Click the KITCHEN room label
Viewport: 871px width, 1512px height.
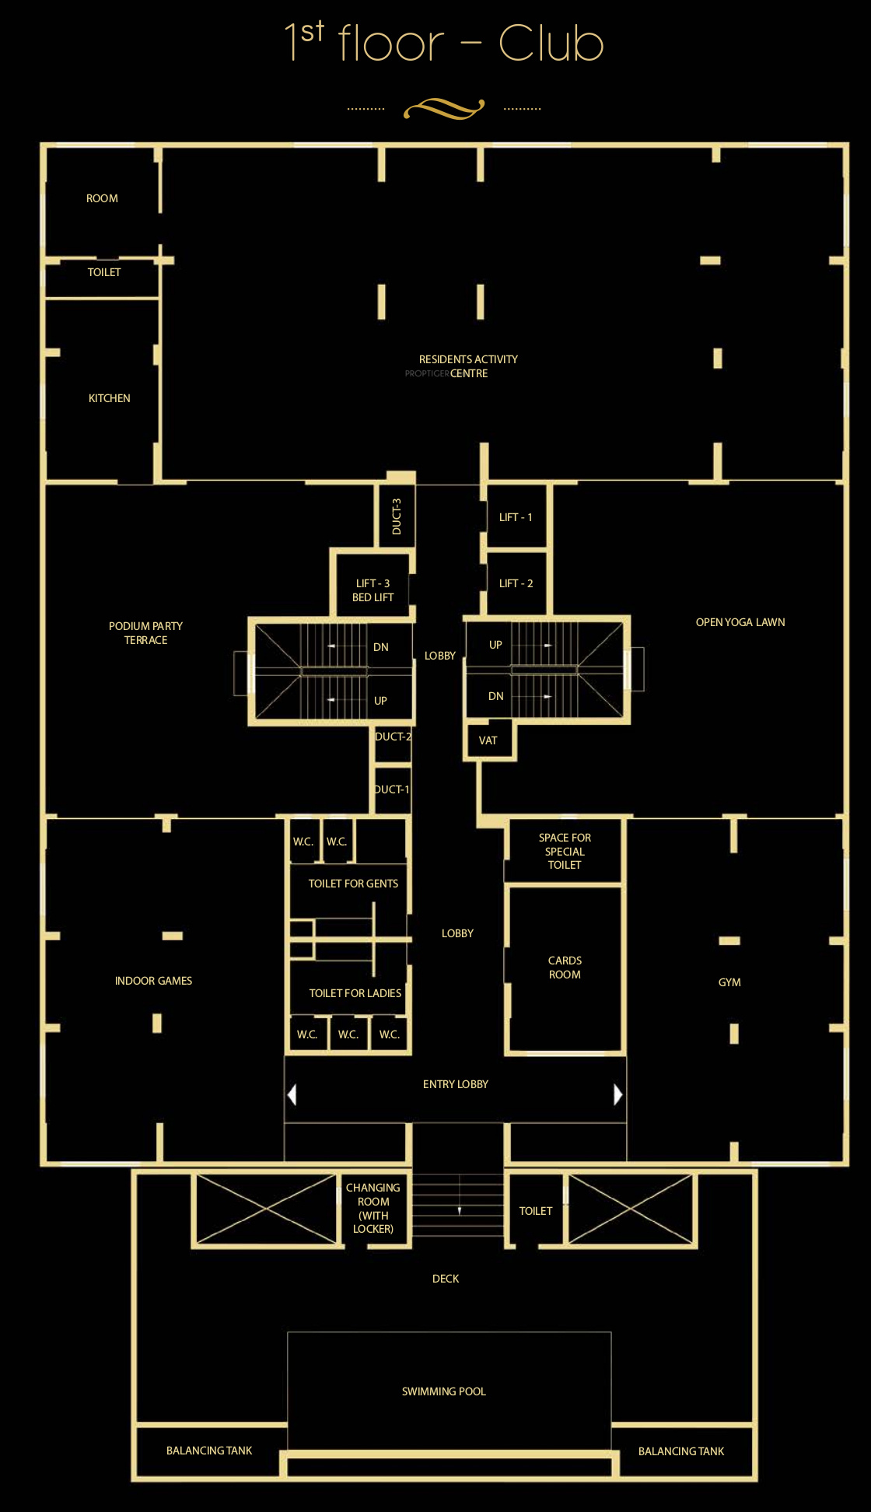[x=110, y=398]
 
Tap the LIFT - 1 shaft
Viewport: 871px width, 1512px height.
[x=516, y=516]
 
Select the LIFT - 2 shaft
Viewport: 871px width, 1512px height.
[x=516, y=583]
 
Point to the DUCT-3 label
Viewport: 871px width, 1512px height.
[x=397, y=516]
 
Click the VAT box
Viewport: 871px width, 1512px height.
[x=489, y=740]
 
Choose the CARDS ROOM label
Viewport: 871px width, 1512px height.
[x=565, y=968]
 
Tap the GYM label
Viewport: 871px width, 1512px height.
[x=729, y=982]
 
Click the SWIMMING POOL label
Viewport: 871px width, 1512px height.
[x=444, y=1391]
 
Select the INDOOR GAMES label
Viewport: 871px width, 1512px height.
[x=153, y=981]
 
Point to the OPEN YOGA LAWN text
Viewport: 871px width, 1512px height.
[x=740, y=622]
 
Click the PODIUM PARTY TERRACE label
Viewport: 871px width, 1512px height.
[x=145, y=633]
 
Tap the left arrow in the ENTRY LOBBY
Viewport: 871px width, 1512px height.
[x=292, y=1094]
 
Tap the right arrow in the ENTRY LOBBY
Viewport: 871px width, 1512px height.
[x=618, y=1094]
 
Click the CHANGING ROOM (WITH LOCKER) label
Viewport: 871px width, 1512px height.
[x=373, y=1208]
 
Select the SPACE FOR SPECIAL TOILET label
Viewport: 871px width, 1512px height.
[x=565, y=851]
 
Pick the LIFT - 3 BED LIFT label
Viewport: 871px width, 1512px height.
[x=373, y=590]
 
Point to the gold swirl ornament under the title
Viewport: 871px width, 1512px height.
[x=444, y=109]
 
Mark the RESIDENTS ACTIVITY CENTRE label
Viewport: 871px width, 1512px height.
[x=467, y=366]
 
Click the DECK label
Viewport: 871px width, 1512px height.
[x=446, y=1279]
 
